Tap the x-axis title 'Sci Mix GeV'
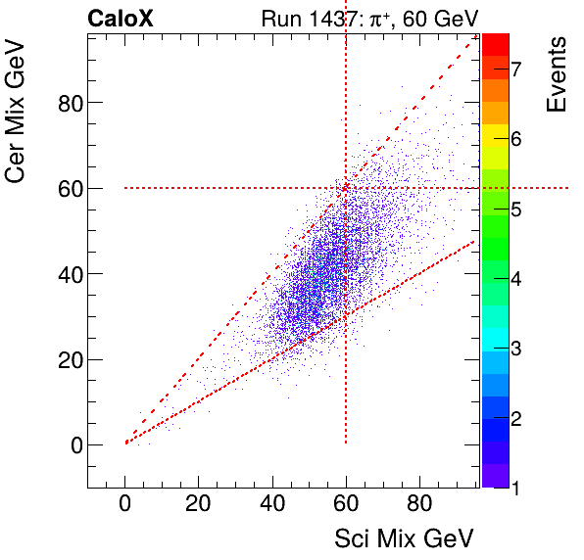coord(404,538)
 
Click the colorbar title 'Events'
coord(557,74)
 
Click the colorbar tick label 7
coord(514,68)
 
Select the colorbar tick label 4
coord(514,279)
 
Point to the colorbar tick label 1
coord(514,489)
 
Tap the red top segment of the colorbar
coord(495,44)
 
